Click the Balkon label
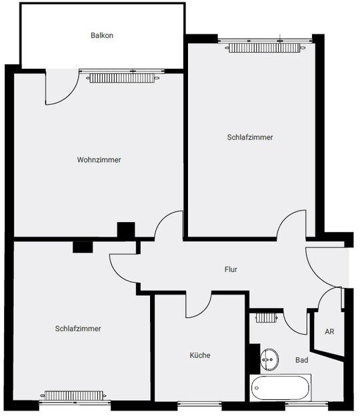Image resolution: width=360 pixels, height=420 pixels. (102, 35)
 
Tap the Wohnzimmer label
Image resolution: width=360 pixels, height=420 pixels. (99, 159)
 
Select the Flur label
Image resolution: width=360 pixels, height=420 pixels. (231, 269)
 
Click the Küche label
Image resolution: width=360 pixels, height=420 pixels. (200, 355)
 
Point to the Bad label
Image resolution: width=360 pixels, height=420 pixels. (301, 360)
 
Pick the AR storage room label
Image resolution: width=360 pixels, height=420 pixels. (329, 331)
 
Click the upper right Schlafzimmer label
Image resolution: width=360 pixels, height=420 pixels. (250, 137)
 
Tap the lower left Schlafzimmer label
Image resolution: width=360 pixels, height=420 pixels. (78, 329)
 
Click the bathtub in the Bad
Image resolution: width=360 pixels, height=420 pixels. (281, 387)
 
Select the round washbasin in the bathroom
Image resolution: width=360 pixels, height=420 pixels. (269, 359)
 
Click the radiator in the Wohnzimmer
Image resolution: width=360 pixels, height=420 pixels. (123, 78)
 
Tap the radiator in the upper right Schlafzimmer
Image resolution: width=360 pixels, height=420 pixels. (265, 48)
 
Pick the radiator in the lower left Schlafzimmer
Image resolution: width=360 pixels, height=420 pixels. (73, 395)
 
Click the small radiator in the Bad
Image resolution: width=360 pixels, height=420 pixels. (266, 318)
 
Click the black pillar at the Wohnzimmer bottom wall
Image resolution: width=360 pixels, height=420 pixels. (126, 230)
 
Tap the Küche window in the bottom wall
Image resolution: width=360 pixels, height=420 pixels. (199, 403)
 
